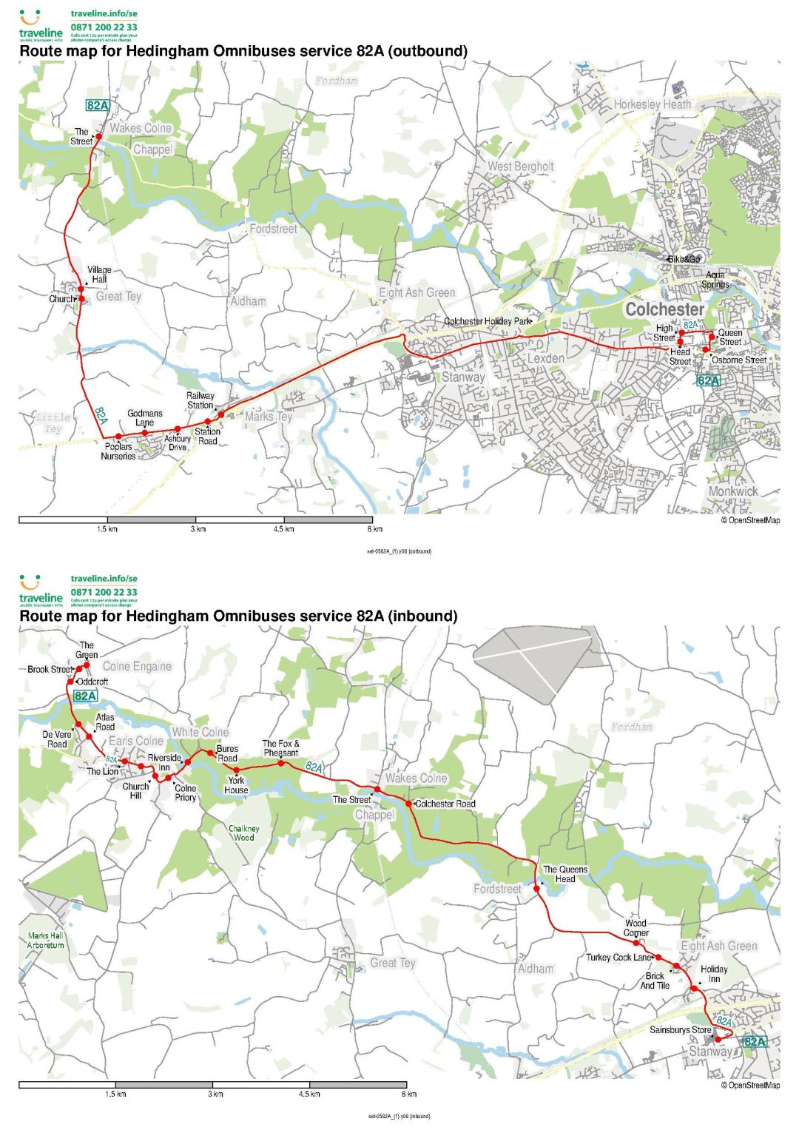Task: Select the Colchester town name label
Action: [x=664, y=309]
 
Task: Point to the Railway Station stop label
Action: [x=200, y=400]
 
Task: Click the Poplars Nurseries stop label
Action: [x=118, y=451]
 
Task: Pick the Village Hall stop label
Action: [x=99, y=275]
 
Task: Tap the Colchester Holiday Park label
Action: [x=488, y=321]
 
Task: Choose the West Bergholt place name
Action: [x=520, y=167]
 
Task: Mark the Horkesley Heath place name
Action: [x=652, y=104]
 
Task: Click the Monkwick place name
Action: [x=732, y=491]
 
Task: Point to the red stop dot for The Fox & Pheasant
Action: [x=281, y=762]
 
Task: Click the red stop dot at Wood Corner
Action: [x=636, y=943]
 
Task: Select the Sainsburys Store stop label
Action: [x=680, y=1029]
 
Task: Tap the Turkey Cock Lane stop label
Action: [x=618, y=957]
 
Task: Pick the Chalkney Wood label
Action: [x=244, y=833]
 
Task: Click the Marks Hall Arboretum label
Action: [x=45, y=941]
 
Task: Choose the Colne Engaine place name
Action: [x=137, y=666]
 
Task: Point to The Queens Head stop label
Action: [x=565, y=874]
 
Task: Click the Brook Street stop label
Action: [x=50, y=669]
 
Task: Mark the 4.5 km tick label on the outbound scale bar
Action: [x=284, y=529]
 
